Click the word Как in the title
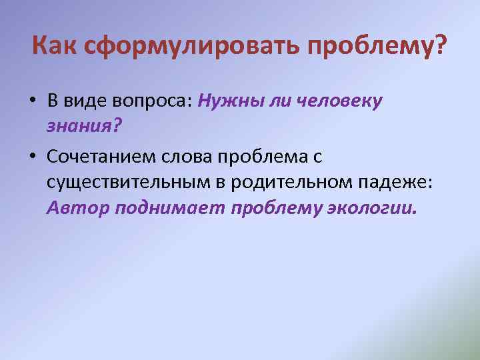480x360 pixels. (55, 47)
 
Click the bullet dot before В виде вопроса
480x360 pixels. (32, 102)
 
